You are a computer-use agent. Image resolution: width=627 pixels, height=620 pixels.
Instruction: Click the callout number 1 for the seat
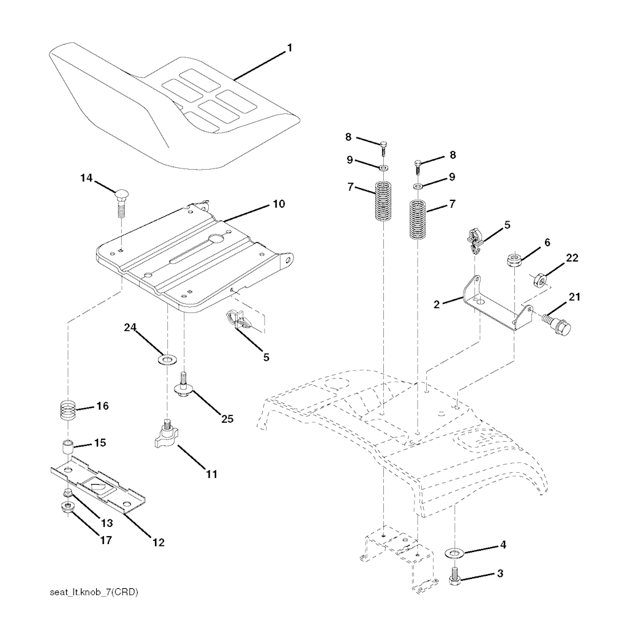pyautogui.click(x=290, y=48)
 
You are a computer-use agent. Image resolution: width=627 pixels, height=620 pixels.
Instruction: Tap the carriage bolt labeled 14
pyautogui.click(x=121, y=202)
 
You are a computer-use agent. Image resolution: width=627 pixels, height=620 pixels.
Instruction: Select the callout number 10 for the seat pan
pyautogui.click(x=279, y=204)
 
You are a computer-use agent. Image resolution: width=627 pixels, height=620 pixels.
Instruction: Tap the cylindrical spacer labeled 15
pyautogui.click(x=67, y=447)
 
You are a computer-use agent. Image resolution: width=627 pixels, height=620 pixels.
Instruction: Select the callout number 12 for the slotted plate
pyautogui.click(x=159, y=542)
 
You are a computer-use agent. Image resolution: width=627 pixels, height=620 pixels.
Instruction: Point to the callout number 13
pyautogui.click(x=107, y=523)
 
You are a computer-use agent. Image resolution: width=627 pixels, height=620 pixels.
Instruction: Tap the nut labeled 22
pyautogui.click(x=540, y=281)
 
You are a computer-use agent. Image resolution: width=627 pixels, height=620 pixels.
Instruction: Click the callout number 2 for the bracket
pyautogui.click(x=437, y=304)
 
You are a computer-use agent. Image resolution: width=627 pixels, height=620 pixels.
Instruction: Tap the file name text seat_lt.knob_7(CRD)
pyautogui.click(x=94, y=592)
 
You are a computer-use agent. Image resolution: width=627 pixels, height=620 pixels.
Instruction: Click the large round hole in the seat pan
pyautogui.click(x=217, y=239)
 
